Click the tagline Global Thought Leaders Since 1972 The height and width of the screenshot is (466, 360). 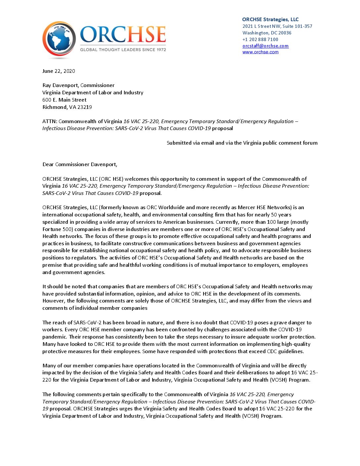(x=123, y=50)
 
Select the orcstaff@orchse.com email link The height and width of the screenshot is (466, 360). (x=265, y=46)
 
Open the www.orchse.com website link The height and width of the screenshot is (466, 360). (x=260, y=52)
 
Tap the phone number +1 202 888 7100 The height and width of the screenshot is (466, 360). (x=260, y=39)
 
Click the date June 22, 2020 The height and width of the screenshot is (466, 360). (x=59, y=71)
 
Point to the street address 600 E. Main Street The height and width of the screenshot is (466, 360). (x=64, y=100)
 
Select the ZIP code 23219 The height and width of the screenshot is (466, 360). (x=85, y=107)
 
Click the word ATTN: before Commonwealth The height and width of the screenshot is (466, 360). (x=50, y=121)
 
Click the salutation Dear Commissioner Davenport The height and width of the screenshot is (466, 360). (x=80, y=164)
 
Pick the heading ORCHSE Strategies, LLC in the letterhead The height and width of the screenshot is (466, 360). (x=270, y=20)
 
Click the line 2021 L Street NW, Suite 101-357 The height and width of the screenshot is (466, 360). (x=277, y=26)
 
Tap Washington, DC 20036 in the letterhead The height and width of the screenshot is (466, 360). (x=267, y=33)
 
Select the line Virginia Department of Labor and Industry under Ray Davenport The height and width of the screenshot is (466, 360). (x=93, y=93)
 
